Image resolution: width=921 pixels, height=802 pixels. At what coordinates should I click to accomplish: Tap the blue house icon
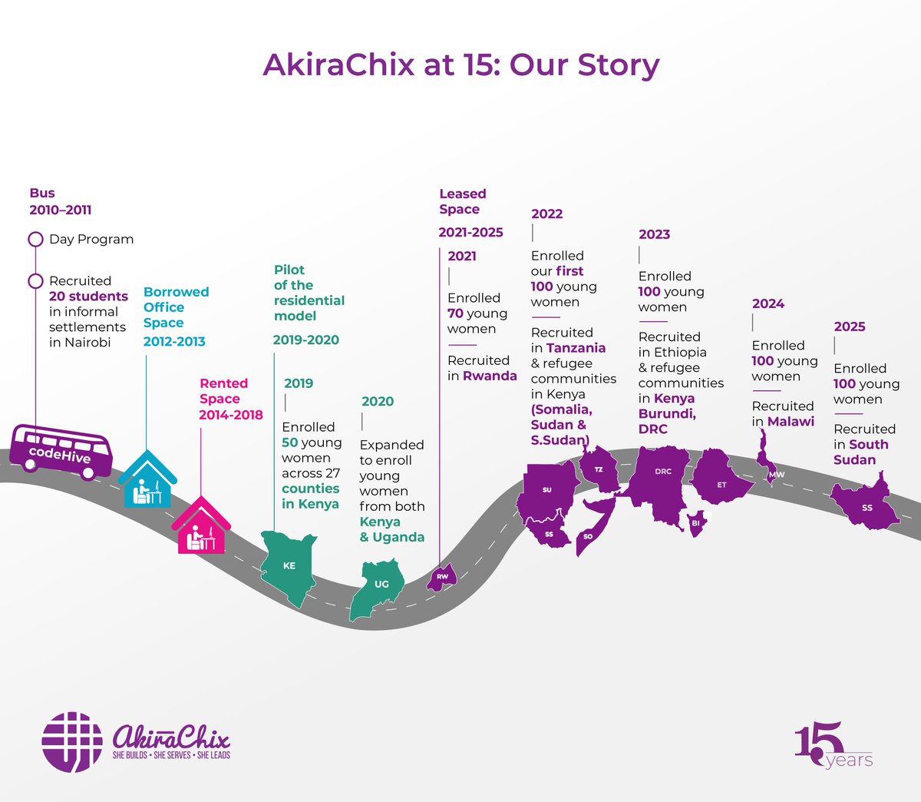(x=147, y=481)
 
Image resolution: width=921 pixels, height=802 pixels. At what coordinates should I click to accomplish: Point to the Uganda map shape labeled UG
(x=378, y=587)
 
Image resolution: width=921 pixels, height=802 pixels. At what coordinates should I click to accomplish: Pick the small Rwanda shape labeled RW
(x=442, y=577)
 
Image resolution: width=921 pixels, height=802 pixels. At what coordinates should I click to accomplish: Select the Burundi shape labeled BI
(x=696, y=523)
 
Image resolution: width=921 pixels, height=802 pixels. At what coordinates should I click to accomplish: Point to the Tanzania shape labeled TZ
(x=599, y=469)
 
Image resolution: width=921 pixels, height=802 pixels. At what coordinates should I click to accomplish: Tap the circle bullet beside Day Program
(x=35, y=239)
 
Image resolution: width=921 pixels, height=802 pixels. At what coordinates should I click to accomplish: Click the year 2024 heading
(x=768, y=303)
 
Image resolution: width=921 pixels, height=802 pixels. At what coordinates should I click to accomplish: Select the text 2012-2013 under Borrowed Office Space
(x=174, y=341)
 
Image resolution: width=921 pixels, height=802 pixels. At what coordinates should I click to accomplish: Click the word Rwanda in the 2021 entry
(x=490, y=376)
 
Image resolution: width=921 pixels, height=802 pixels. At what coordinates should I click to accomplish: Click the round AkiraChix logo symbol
(x=72, y=742)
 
